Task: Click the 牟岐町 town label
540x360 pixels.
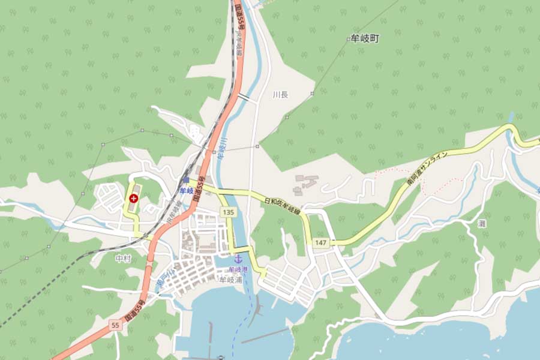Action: [x=366, y=38]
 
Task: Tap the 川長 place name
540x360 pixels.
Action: [x=280, y=95]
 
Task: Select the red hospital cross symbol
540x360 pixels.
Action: [x=133, y=197]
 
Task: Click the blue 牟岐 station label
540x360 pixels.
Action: [x=186, y=190]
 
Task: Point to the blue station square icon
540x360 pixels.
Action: [x=185, y=181]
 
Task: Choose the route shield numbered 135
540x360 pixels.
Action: [x=227, y=212]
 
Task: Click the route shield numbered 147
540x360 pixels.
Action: [x=321, y=242]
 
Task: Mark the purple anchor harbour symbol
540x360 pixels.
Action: [x=238, y=259]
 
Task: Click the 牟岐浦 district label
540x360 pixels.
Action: [x=230, y=279]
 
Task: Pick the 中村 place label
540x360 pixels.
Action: [x=122, y=259]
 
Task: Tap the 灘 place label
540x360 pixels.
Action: [x=481, y=223]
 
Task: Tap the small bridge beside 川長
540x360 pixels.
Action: [x=243, y=96]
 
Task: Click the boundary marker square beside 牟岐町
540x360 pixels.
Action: [x=349, y=39]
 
